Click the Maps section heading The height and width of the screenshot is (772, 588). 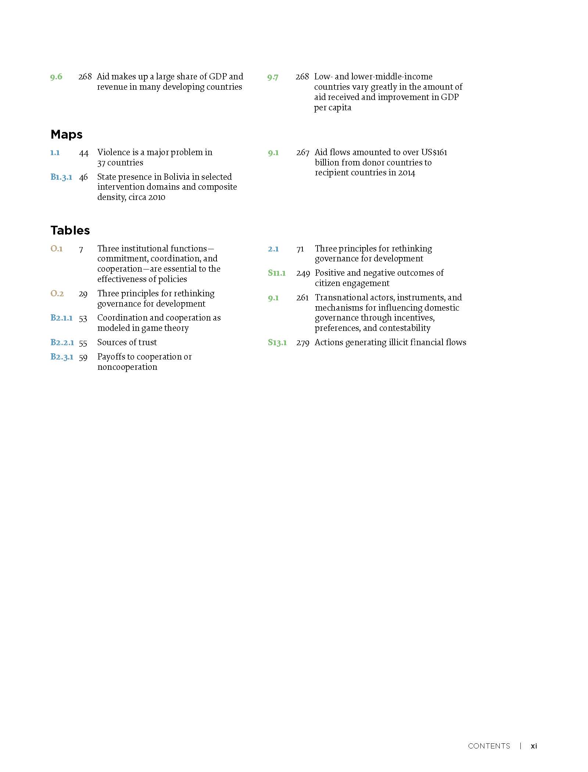pyautogui.click(x=67, y=135)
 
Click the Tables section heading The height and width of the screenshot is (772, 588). pyautogui.click(x=70, y=230)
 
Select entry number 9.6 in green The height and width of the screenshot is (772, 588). pyautogui.click(x=56, y=77)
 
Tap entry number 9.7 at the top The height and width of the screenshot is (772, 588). pyautogui.click(x=273, y=77)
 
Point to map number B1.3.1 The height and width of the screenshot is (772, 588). pyautogui.click(x=61, y=177)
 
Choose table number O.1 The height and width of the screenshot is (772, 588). pyautogui.click(x=57, y=249)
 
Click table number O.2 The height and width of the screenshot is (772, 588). pyautogui.click(x=57, y=294)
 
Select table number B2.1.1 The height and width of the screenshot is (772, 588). pyautogui.click(x=61, y=318)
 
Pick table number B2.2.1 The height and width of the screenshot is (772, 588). pyautogui.click(x=62, y=343)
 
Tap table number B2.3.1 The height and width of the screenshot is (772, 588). pyautogui.click(x=62, y=357)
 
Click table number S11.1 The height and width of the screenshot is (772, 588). pyautogui.click(x=277, y=273)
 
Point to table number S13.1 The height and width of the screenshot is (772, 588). pyautogui.click(x=277, y=343)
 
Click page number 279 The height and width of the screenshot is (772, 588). pyautogui.click(x=302, y=343)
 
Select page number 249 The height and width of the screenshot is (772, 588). pyautogui.click(x=303, y=274)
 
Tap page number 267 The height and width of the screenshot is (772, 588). pyautogui.click(x=302, y=153)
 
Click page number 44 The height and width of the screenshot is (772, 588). pyautogui.click(x=84, y=153)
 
